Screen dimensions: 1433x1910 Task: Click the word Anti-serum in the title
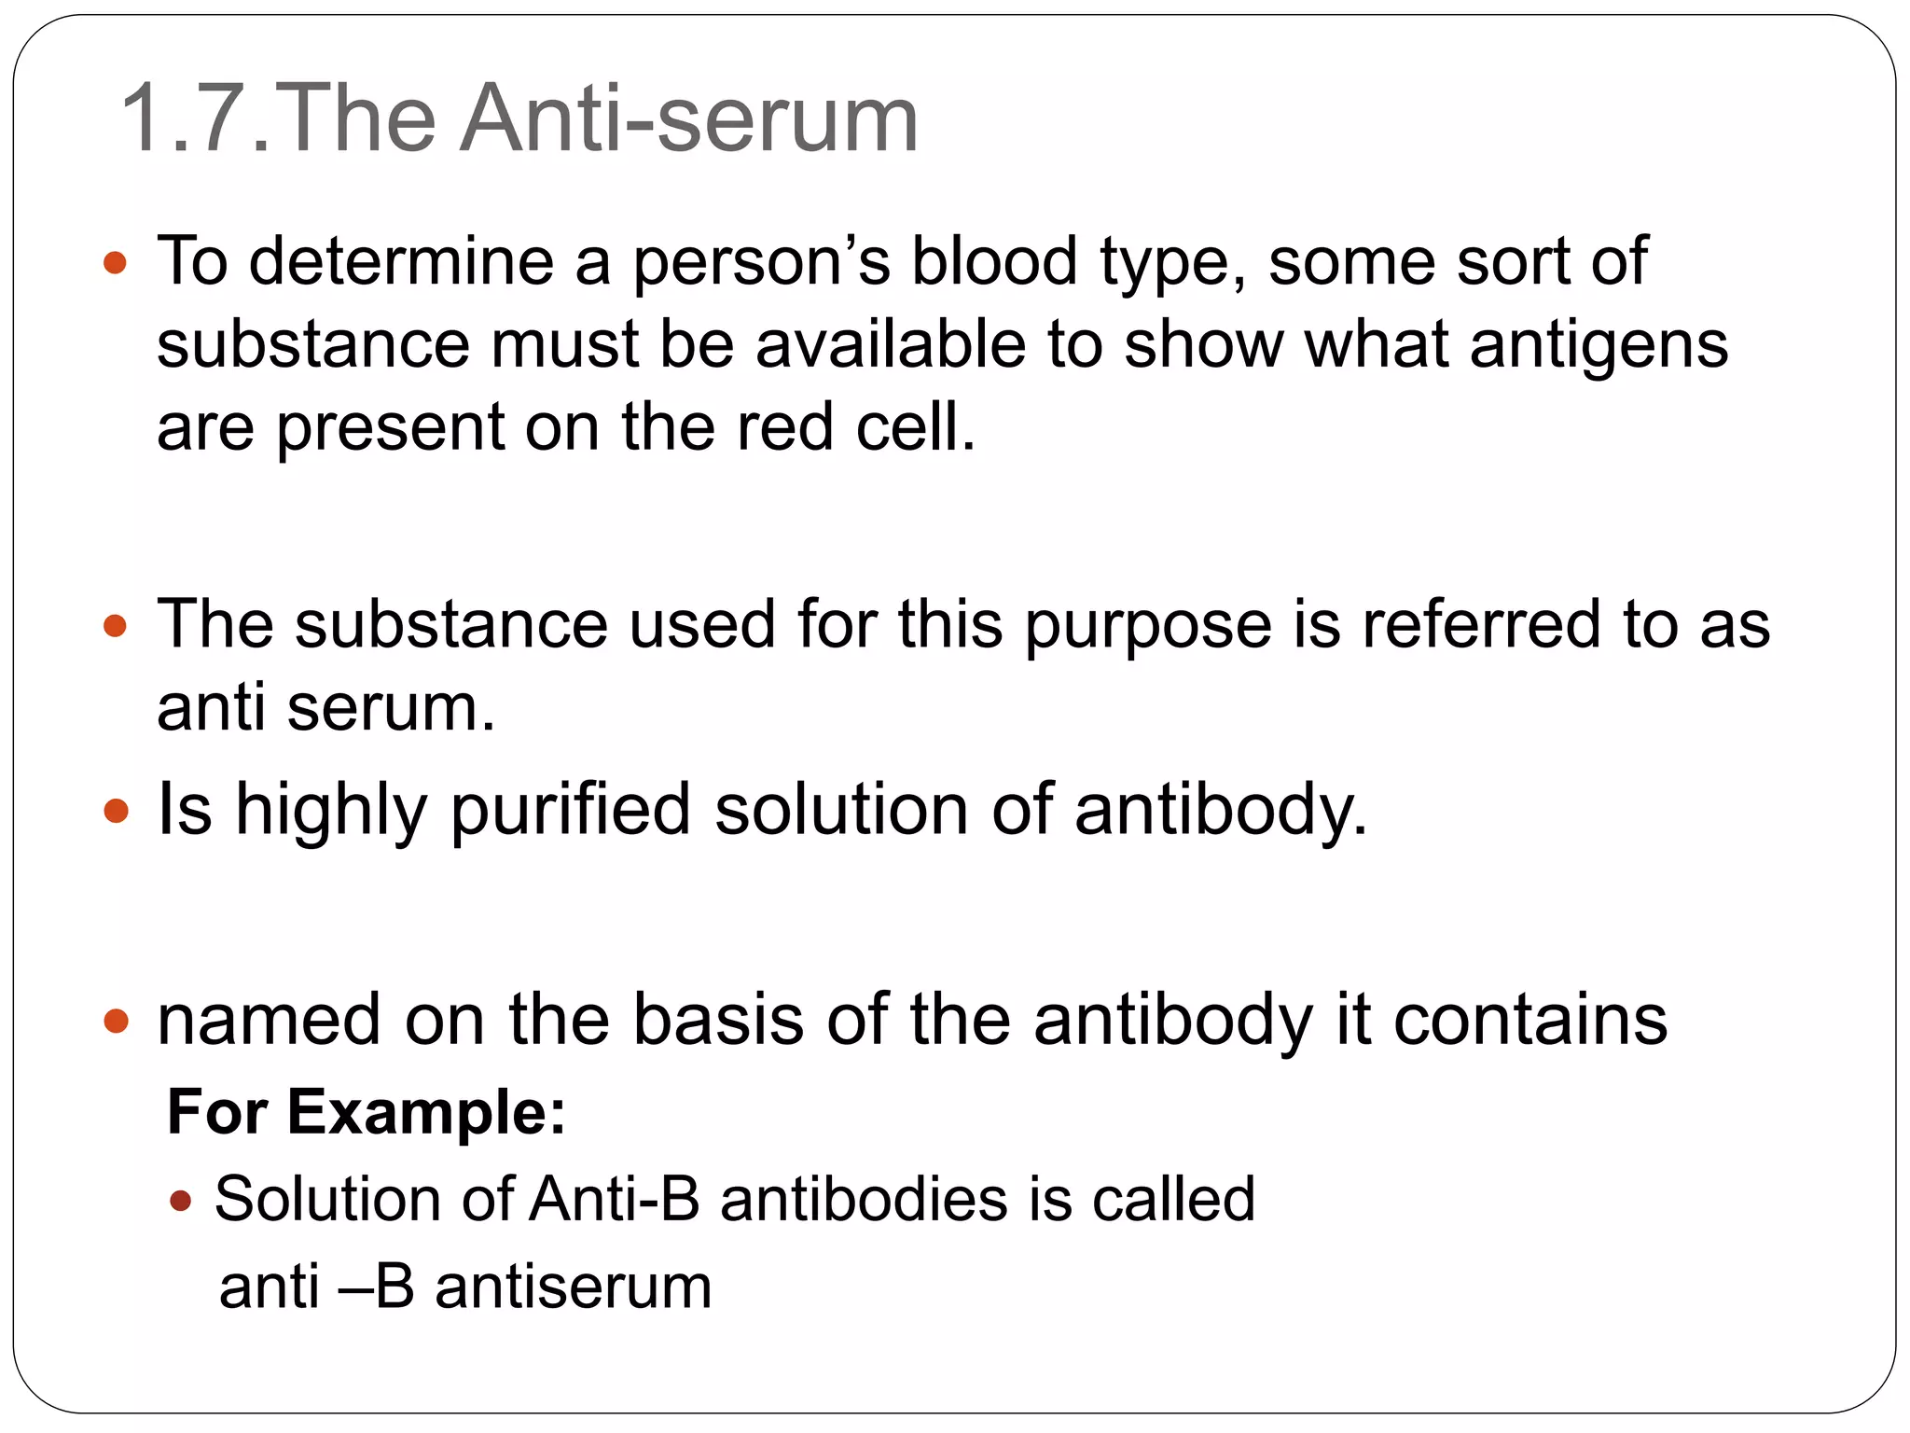pos(689,119)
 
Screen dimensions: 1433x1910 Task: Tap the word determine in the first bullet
pos(401,260)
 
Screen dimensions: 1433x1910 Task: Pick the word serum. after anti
pos(391,707)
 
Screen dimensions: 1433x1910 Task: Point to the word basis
pos(717,1019)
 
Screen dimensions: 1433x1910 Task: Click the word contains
pos(1529,1019)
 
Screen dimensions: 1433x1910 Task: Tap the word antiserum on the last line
pos(573,1287)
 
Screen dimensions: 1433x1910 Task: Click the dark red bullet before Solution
pos(181,1200)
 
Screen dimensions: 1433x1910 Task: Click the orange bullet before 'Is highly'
pos(116,810)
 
